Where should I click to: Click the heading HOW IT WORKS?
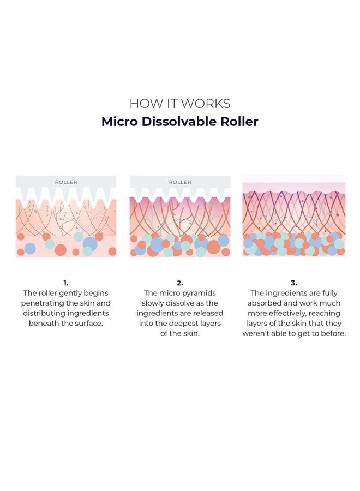pyautogui.click(x=180, y=104)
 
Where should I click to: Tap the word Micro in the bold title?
pyautogui.click(x=119, y=122)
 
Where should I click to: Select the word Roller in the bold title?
pyautogui.click(x=239, y=122)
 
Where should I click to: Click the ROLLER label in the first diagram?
pyautogui.click(x=66, y=182)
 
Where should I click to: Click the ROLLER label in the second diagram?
pyautogui.click(x=180, y=182)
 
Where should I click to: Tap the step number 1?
pyautogui.click(x=66, y=283)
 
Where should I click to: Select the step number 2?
pyautogui.click(x=179, y=283)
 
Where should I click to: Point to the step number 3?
pyautogui.click(x=293, y=283)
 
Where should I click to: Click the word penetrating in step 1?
pyautogui.click(x=40, y=303)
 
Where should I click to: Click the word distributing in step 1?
pyautogui.click(x=44, y=314)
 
